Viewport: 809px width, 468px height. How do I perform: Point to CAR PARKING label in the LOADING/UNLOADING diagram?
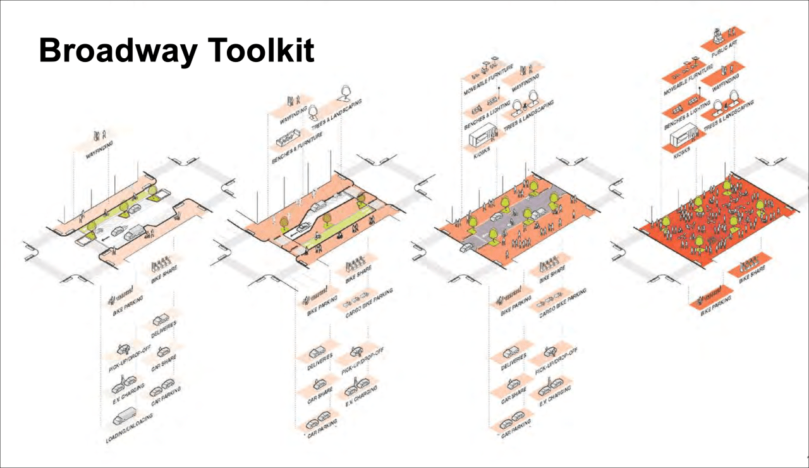[166, 395]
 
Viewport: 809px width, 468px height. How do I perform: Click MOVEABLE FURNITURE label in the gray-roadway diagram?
[488, 80]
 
